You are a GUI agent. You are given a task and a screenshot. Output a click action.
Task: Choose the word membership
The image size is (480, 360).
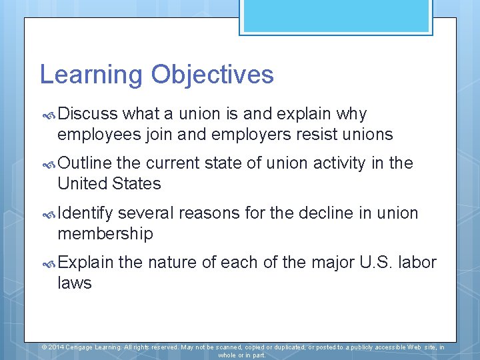click(x=105, y=234)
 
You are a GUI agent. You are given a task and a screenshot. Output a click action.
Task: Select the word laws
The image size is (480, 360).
click(x=75, y=283)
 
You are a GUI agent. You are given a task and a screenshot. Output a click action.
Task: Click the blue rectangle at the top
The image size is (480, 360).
click(x=336, y=17)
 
